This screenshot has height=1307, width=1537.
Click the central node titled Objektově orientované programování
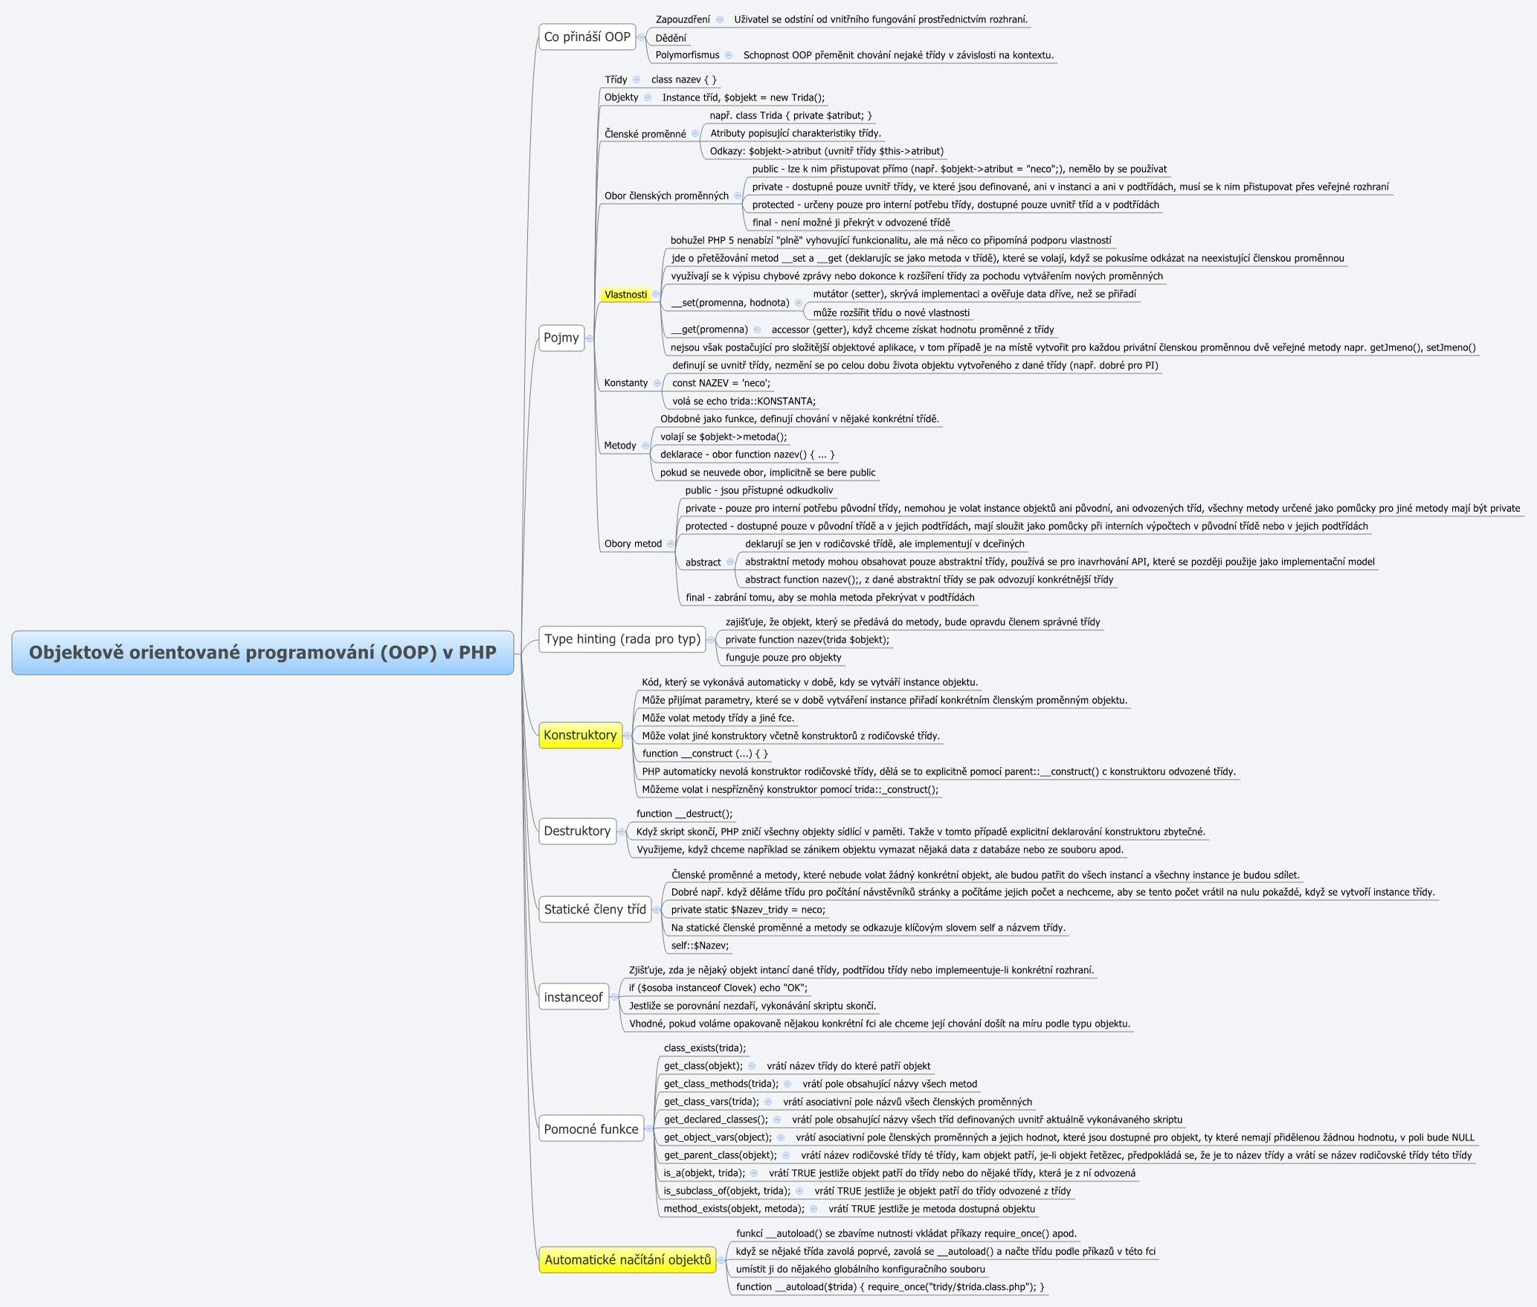coord(262,652)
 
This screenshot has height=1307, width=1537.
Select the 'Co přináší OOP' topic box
coord(587,36)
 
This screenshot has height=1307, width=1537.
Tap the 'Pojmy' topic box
coord(561,338)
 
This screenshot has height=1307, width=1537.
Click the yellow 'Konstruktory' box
coord(580,735)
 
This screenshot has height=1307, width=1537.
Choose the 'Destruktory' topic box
coord(577,831)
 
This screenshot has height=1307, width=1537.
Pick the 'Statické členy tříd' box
coord(595,909)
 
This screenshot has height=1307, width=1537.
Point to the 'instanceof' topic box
coord(573,997)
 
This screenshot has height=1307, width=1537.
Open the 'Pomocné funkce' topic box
coord(591,1128)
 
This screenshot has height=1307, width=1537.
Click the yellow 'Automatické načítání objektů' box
coord(628,1259)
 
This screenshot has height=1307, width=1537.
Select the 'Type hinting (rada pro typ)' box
coord(622,639)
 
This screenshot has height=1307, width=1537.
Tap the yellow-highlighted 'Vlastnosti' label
coord(625,295)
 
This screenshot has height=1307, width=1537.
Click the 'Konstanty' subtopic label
coord(626,382)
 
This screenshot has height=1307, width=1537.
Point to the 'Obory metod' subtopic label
coord(633,544)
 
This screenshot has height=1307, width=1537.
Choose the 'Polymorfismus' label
coord(687,55)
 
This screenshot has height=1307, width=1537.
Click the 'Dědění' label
coord(671,38)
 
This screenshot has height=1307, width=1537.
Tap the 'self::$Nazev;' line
coord(700,945)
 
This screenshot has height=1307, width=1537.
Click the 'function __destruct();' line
coord(684,814)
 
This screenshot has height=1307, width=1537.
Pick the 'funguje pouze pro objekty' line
coord(783,658)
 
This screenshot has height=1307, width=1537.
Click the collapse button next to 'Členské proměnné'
coord(695,134)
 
